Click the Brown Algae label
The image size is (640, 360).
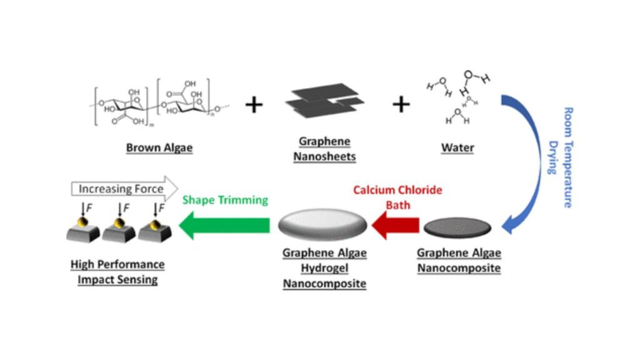(159, 147)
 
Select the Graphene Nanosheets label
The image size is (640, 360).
(324, 149)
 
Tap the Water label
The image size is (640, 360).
(457, 147)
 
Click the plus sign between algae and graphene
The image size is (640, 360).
(254, 104)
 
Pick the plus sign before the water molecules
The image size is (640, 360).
(401, 104)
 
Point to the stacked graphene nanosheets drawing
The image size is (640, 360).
(325, 100)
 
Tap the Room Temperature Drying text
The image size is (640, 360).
(562, 157)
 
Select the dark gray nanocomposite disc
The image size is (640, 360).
(457, 227)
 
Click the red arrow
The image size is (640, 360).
(396, 225)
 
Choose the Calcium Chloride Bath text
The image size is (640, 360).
(397, 197)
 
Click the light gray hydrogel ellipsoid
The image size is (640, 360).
(322, 224)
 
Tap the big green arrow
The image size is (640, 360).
(224, 225)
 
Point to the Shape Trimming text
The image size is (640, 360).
(225, 200)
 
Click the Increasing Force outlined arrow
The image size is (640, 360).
(124, 189)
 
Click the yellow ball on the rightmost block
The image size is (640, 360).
(155, 224)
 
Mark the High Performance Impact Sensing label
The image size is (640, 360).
(117, 272)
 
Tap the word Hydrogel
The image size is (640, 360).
(324, 268)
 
